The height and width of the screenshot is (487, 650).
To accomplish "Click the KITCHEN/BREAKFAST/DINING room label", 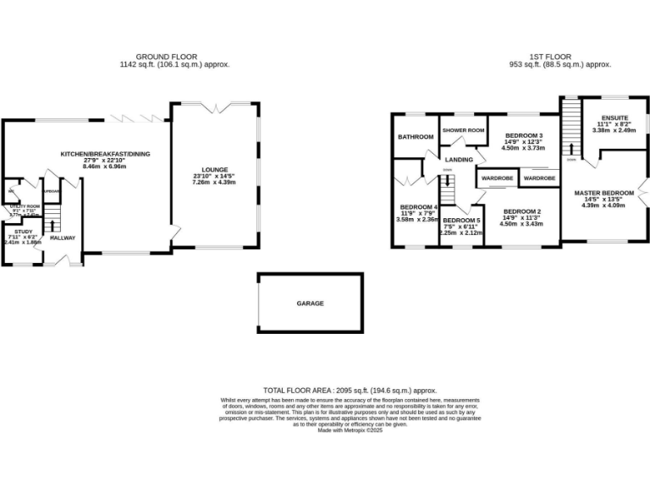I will pyautogui.click(x=105, y=154).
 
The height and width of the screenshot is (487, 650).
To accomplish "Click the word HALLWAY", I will pyautogui.click(x=63, y=238).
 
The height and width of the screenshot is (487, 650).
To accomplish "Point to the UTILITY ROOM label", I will pyautogui.click(x=25, y=206).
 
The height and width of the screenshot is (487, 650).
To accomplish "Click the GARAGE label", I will pyautogui.click(x=310, y=303).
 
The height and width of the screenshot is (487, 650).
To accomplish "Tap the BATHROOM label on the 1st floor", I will pyautogui.click(x=416, y=137).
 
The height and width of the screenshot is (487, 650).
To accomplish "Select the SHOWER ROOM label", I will pyautogui.click(x=464, y=130).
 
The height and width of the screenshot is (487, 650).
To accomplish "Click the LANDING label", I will pyautogui.click(x=459, y=159).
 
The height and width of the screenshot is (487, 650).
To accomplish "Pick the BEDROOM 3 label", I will pyautogui.click(x=523, y=136).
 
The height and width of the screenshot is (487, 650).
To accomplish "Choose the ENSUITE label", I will pyautogui.click(x=614, y=118).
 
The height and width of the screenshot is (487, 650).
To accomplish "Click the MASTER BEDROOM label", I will pyautogui.click(x=604, y=194).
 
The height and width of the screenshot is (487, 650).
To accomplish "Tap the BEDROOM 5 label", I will pyautogui.click(x=462, y=220).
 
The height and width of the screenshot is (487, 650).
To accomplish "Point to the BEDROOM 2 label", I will pyautogui.click(x=521, y=211).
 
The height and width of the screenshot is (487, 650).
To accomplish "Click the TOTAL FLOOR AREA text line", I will pyautogui.click(x=350, y=391).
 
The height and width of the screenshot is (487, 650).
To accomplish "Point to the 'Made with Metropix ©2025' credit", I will pyautogui.click(x=350, y=430).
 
